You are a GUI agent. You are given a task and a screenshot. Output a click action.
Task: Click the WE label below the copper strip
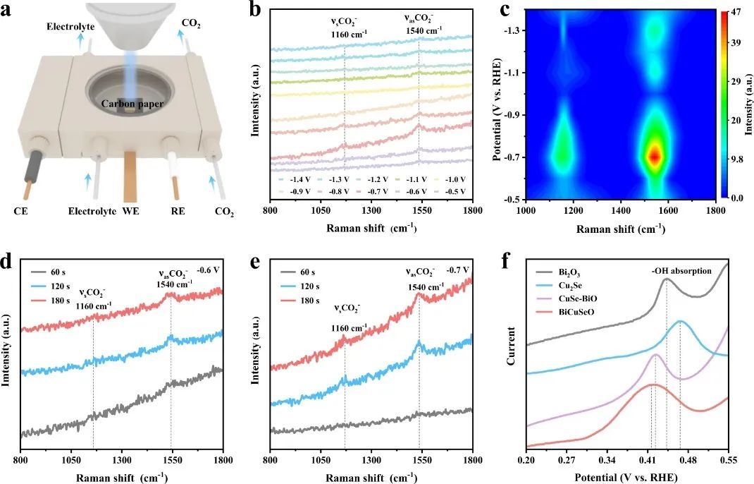click(x=131, y=210)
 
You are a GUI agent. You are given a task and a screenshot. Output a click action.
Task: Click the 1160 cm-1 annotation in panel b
click(x=344, y=32)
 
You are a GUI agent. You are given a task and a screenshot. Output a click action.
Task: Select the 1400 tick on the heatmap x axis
click(x=622, y=210)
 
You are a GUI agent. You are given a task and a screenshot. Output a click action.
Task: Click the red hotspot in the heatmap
click(x=655, y=156)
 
